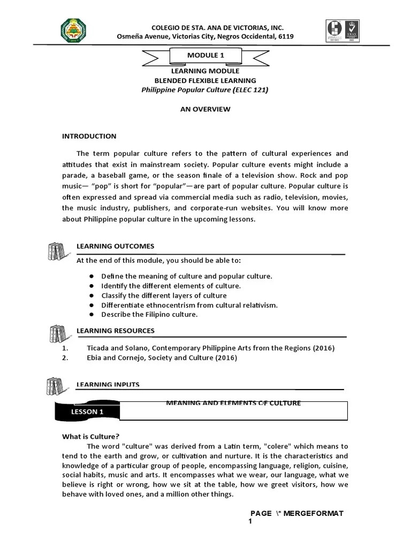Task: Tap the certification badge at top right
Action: click(x=342, y=32)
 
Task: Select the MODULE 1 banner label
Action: click(x=205, y=55)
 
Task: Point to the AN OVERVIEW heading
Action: click(x=205, y=109)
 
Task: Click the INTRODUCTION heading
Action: click(x=89, y=136)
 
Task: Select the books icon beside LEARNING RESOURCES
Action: click(x=56, y=334)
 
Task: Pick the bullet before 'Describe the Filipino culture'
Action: click(x=92, y=315)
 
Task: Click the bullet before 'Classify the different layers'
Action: click(x=92, y=295)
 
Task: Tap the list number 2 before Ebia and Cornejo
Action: click(x=64, y=357)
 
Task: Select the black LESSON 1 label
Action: click(x=87, y=412)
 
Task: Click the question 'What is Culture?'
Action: click(x=90, y=437)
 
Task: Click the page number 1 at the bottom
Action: click(x=250, y=521)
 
